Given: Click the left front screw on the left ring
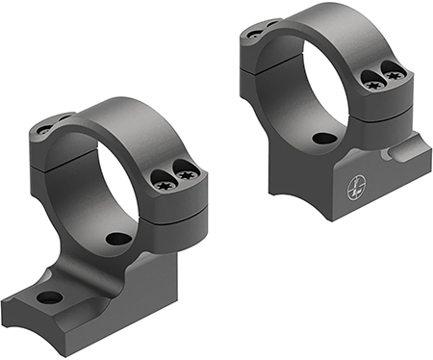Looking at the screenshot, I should click(163, 176).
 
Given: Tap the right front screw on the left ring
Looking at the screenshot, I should click(187, 175).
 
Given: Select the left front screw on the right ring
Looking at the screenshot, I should click(370, 80).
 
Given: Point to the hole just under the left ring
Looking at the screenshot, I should click(118, 238).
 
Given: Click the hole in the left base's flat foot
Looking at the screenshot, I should click(49, 296).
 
